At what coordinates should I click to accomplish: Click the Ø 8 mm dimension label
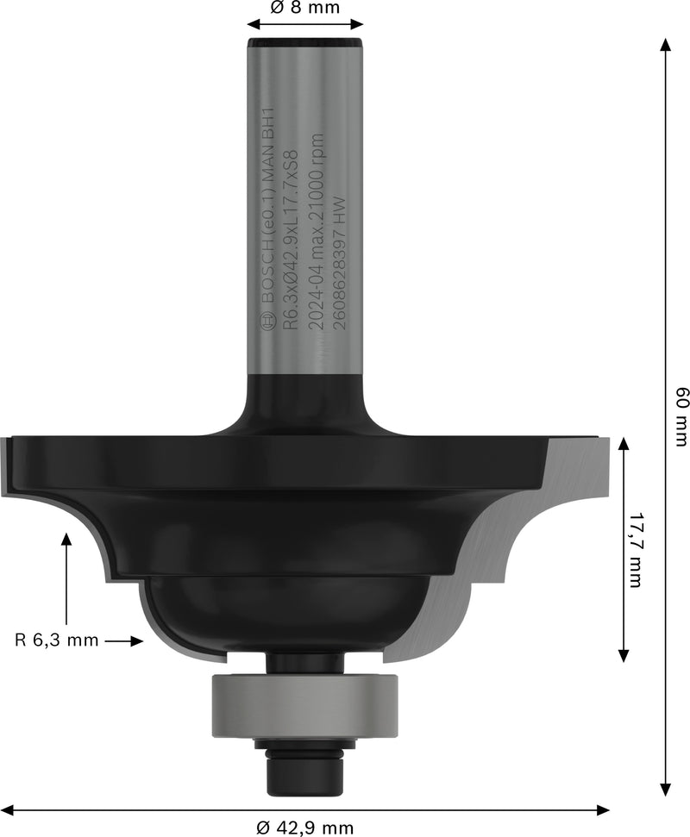click(x=304, y=8)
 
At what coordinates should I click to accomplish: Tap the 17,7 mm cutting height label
click(x=636, y=552)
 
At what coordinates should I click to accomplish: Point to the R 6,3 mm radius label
click(x=57, y=640)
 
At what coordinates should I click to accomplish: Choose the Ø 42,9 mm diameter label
click(x=305, y=828)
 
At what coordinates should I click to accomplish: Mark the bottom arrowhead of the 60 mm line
click(x=666, y=790)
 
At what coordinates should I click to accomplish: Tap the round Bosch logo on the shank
click(x=267, y=322)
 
